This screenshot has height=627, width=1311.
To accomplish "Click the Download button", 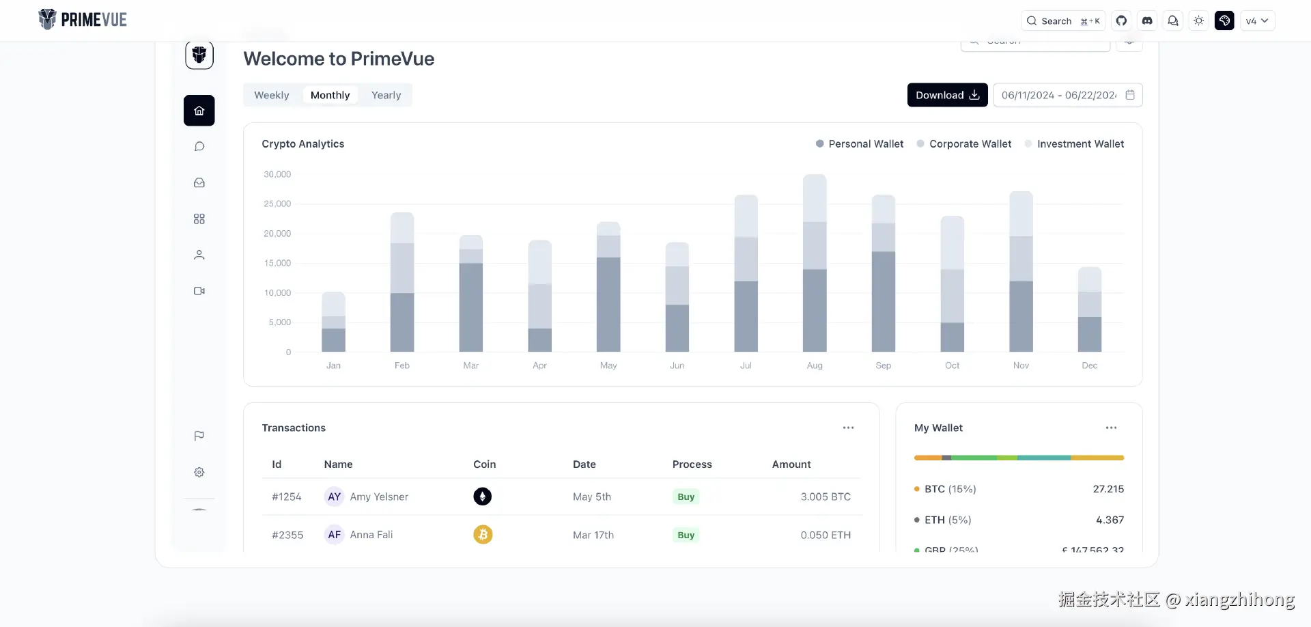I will coord(947,95).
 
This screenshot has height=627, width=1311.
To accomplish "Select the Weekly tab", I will coord(272,95).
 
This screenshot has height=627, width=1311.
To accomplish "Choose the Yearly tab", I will coord(386,95).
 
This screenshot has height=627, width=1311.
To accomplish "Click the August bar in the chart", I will coord(815,263).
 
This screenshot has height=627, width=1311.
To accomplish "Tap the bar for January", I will coord(333,322).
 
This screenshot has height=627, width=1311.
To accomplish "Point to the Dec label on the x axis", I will coord(1090,365).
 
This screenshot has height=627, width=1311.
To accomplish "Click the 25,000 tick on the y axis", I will coord(277,204).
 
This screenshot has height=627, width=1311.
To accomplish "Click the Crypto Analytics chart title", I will coord(302,144).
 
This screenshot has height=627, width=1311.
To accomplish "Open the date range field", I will coord(1067,95).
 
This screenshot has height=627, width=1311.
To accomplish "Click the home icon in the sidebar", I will coord(199,111).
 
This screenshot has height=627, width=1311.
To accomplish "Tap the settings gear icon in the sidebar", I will coord(199,472).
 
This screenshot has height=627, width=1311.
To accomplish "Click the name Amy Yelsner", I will coord(379,497).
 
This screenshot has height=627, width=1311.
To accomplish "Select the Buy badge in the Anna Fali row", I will coord(686,535).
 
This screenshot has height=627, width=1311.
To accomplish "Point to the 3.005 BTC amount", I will coord(826,497).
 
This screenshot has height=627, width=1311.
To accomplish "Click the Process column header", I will coord(692,464).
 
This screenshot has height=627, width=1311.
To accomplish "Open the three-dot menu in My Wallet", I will coord(1111,428).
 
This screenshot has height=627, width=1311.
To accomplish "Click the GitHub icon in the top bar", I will coord(1121,21).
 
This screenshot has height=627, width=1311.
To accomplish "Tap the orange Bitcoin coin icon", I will coord(483,535).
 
